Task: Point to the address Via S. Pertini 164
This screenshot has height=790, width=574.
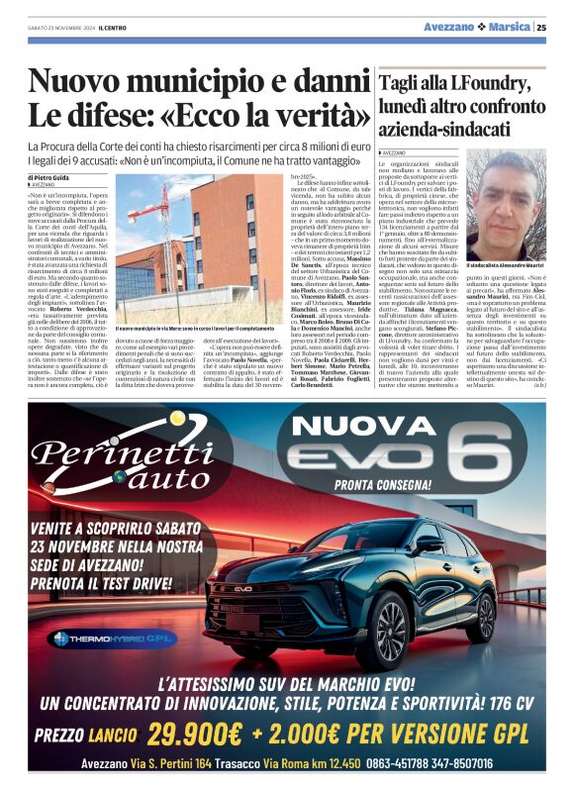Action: point(171,763)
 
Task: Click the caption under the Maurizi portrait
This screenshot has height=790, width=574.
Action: point(504,266)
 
